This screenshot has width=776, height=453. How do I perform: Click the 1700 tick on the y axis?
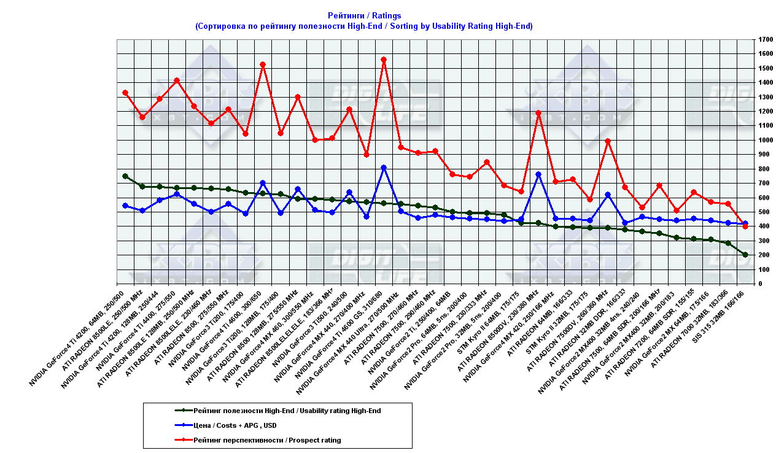[x=765, y=39]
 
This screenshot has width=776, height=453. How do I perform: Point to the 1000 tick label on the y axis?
[x=765, y=140]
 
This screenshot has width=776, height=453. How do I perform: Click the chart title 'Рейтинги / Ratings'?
[x=364, y=15]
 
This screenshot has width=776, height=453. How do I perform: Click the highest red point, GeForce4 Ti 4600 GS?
[x=384, y=60]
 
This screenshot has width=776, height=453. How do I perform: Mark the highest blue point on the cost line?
[x=384, y=168]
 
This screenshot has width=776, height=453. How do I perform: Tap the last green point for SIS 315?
[x=745, y=255]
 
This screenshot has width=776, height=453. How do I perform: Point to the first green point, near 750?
[x=125, y=176]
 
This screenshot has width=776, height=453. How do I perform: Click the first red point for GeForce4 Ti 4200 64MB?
[x=125, y=93]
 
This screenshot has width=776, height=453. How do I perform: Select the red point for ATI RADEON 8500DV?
[x=538, y=113]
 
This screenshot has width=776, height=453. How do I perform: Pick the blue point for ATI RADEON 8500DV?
[x=538, y=174]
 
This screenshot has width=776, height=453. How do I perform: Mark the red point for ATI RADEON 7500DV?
[x=608, y=141]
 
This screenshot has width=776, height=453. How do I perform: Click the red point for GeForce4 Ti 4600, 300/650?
[x=263, y=64]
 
